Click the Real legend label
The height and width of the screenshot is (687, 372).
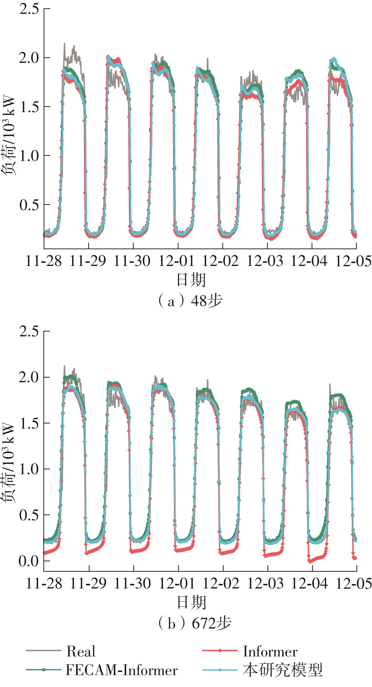point(81,651)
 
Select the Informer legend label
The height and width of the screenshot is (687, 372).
point(270,651)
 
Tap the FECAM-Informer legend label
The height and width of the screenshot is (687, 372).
point(121,670)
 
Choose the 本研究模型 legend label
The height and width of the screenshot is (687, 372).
point(283,670)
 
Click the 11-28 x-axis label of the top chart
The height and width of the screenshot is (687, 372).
point(44,261)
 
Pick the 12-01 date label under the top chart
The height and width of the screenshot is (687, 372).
point(177,261)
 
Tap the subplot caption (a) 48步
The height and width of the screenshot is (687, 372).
point(190,301)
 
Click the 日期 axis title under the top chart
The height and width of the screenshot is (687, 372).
point(191,280)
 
